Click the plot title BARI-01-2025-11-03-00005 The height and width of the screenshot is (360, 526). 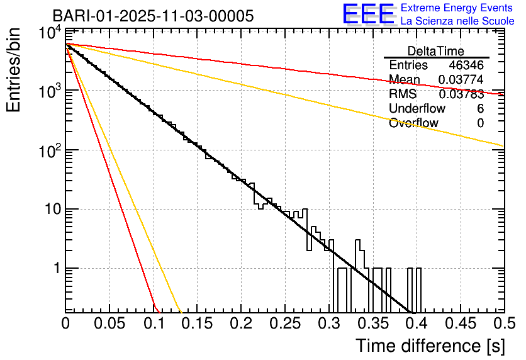point(154,16)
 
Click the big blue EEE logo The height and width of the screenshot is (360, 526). point(368,14)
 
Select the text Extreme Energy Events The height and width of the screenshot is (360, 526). point(457,8)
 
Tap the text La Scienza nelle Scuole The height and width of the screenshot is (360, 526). point(457,21)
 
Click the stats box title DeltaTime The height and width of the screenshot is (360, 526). point(436,51)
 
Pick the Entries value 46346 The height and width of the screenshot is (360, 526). point(466,65)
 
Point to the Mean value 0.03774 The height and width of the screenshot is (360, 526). point(461,80)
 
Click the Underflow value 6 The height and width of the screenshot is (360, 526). point(480,109)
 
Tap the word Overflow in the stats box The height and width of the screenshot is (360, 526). point(413,123)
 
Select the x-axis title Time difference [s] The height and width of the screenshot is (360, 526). point(428,346)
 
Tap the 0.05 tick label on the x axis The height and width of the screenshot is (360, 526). point(109,323)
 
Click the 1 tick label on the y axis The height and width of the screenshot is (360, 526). point(55,269)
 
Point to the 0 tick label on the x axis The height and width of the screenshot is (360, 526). point(66,323)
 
